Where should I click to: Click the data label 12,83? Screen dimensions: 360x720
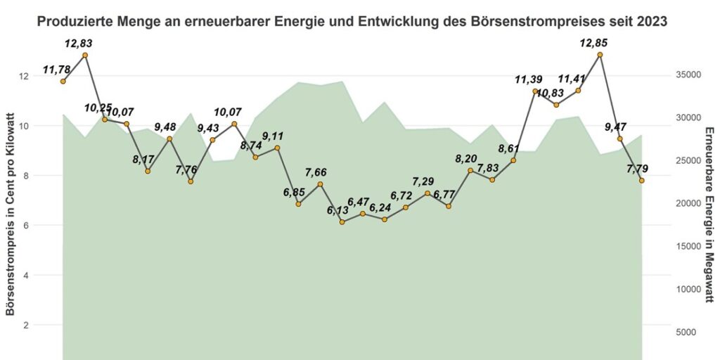tap(78, 44)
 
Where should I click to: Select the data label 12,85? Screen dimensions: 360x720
tap(593, 43)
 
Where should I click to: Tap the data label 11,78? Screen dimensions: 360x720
tap(57, 70)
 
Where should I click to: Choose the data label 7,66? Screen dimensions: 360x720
tap(319, 172)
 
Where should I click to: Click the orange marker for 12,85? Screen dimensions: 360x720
tap(600, 55)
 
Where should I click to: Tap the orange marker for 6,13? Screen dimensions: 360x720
tap(342, 222)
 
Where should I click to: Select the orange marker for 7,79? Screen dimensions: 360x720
tap(642, 181)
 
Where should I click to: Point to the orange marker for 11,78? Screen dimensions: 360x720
tap(63, 82)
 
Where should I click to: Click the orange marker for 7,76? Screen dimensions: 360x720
tap(191, 181)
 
